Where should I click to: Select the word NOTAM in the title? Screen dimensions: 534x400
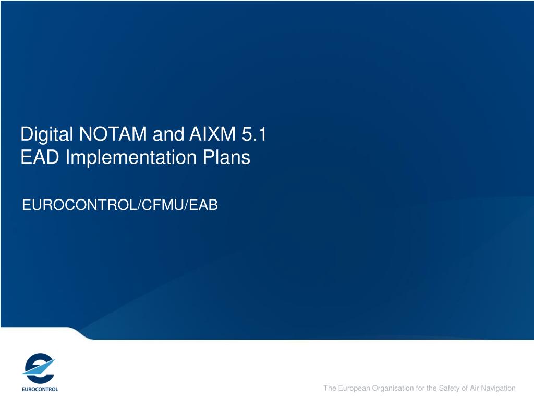pyautogui.click(x=113, y=134)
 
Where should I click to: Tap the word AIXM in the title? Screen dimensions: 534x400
pyautogui.click(x=213, y=134)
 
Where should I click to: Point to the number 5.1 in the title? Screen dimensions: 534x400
pyautogui.click(x=254, y=134)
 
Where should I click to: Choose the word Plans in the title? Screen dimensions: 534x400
pyautogui.click(x=226, y=157)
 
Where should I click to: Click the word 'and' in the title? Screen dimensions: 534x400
pyautogui.click(x=168, y=134)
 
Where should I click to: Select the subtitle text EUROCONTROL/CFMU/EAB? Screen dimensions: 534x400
pyautogui.click(x=120, y=205)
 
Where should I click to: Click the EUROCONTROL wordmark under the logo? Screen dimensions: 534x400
pyautogui.click(x=40, y=389)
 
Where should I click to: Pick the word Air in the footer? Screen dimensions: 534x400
pyautogui.click(x=475, y=388)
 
